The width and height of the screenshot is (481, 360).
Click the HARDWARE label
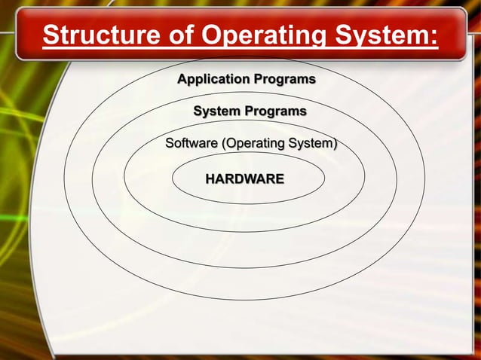click(245, 179)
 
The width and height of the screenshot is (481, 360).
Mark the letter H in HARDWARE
click(210, 179)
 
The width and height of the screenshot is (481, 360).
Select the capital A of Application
click(182, 79)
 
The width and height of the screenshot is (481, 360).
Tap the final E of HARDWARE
click(280, 179)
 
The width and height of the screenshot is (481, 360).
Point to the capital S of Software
click(169, 143)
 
